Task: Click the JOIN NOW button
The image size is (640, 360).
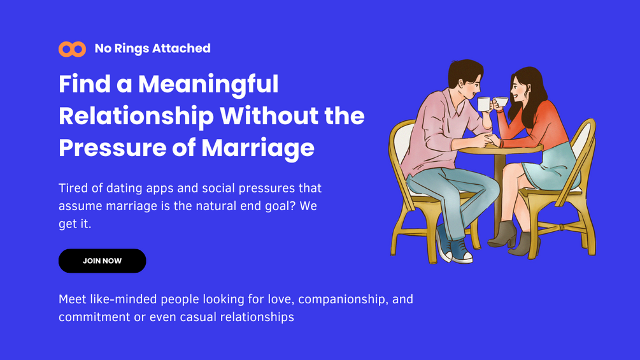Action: click(102, 261)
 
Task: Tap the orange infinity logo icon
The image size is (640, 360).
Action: click(72, 49)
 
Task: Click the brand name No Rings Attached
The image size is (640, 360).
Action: click(152, 48)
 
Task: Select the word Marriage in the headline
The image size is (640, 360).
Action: click(258, 148)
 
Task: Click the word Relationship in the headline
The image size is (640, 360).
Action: click(136, 116)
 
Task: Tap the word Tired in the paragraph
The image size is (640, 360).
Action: click(75, 189)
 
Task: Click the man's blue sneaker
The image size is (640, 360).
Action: click(460, 252)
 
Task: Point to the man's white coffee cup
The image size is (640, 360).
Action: click(485, 104)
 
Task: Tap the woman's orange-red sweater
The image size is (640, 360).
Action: click(535, 128)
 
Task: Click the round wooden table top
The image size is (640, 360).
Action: click(503, 148)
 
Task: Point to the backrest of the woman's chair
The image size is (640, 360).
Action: click(583, 147)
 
